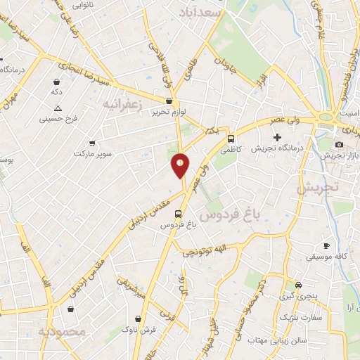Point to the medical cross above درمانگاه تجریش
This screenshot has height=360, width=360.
tap(278, 136)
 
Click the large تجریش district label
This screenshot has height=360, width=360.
tap(317, 188)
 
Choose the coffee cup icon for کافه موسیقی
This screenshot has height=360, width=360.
tap(326, 245)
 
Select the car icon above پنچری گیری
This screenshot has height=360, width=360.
tap(299, 285)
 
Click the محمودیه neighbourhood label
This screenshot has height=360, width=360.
tap(62, 331)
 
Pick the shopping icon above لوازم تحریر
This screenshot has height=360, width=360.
tap(169, 101)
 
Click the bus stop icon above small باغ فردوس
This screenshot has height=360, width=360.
tap(177, 214)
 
